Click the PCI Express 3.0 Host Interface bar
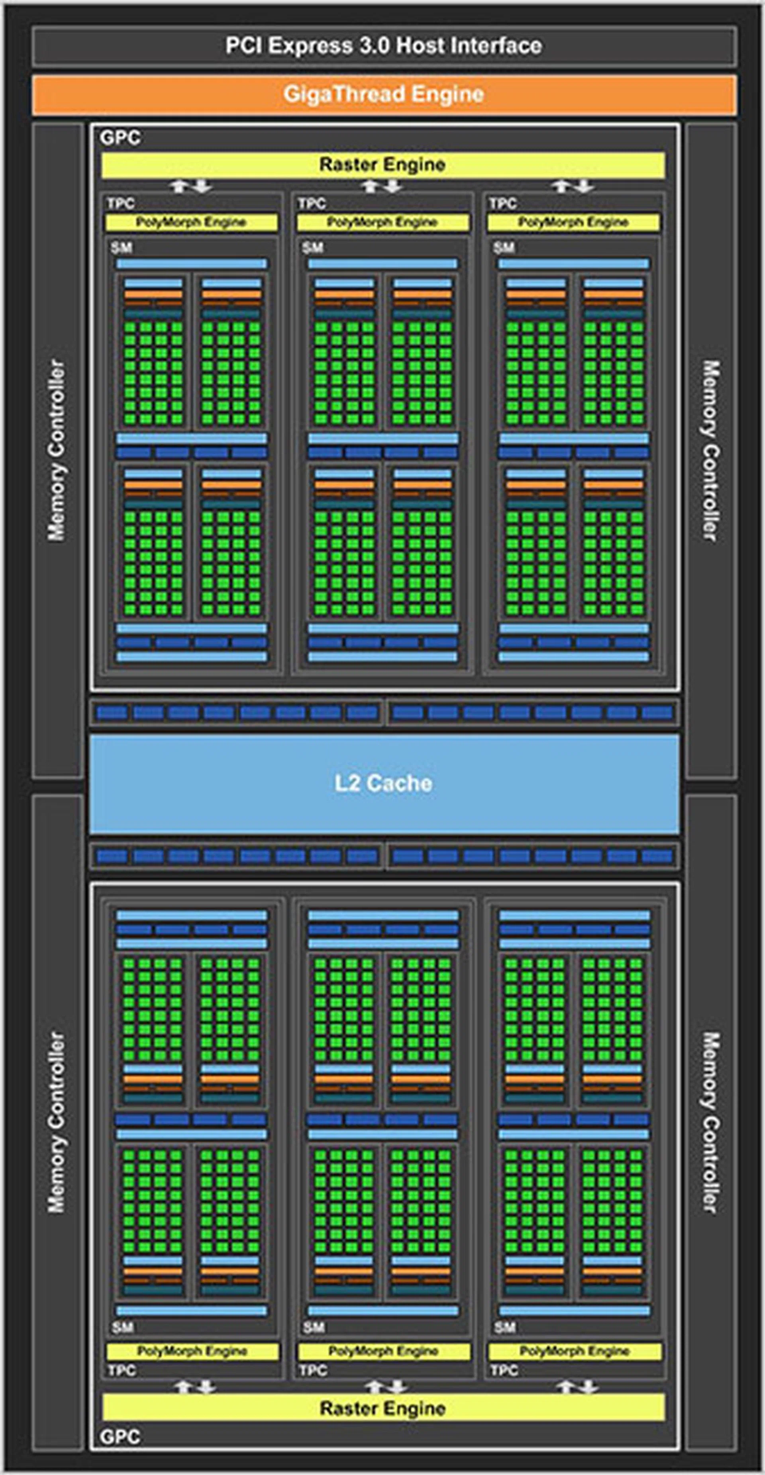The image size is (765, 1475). [384, 46]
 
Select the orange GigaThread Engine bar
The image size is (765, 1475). [384, 94]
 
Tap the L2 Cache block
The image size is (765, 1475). [384, 783]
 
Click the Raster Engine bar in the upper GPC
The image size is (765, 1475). [382, 165]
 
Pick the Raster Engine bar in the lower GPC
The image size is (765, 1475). [382, 1408]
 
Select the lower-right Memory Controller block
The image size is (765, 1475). [710, 1122]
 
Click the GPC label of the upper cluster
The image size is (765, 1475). [120, 138]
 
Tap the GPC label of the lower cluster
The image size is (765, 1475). [120, 1437]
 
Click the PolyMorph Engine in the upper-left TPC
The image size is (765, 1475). [191, 222]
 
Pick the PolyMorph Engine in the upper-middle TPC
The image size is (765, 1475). [382, 222]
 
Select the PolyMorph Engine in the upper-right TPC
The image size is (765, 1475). [574, 222]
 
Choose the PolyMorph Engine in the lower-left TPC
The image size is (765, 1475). [192, 1351]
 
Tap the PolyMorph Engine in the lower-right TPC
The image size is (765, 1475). [575, 1351]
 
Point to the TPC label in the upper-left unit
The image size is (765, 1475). [120, 203]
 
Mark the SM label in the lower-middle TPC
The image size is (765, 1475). [313, 1327]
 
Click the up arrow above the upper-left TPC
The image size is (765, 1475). [179, 186]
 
